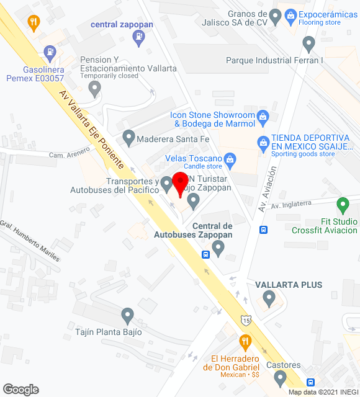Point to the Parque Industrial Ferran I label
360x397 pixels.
274,60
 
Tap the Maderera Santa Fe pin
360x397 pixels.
128,136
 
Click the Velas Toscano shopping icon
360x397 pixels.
230,159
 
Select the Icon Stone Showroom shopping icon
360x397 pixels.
263,116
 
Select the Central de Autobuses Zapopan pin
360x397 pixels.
218,248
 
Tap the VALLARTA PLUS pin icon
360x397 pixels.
269,299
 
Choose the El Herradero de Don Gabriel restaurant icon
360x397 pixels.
245,342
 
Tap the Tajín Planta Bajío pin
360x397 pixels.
128,316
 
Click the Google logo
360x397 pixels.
20,389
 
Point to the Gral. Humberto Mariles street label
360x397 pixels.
30,241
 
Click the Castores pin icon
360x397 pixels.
280,377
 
